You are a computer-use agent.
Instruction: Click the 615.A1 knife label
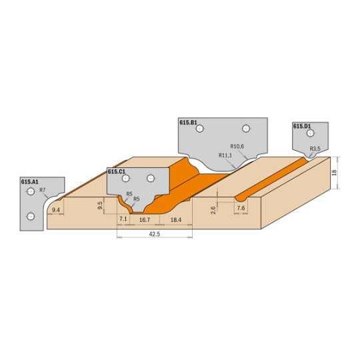tap(30, 182)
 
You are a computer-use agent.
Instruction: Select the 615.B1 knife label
tap(188, 123)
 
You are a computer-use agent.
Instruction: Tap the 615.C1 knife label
tap(117, 172)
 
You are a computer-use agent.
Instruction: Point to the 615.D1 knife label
tap(302, 126)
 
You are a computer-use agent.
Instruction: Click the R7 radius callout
tap(43, 190)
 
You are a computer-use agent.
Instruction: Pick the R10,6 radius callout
tap(237, 146)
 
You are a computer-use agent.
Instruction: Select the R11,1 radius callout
tap(225, 155)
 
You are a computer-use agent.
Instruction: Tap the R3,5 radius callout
tap(315, 149)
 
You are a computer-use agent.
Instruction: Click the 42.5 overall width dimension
tap(154, 234)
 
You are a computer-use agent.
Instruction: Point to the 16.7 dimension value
tap(145, 220)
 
